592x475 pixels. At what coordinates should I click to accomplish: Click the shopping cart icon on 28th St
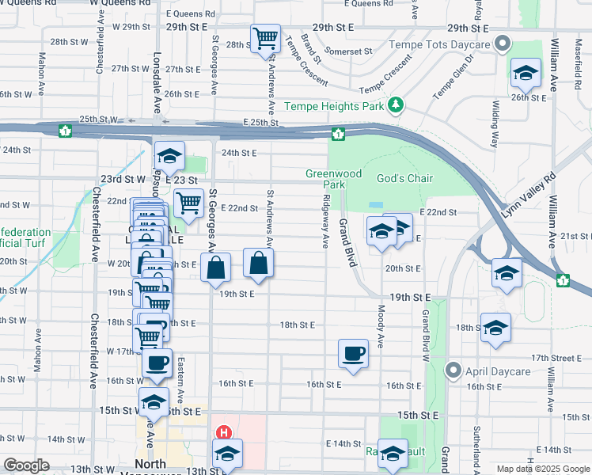point(265,36)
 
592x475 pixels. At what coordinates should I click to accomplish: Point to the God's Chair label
point(404,178)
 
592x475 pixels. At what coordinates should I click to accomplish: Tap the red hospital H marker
point(224,433)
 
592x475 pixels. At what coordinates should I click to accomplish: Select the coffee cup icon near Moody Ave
point(353,353)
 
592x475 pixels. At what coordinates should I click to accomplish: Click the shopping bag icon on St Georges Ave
point(216,268)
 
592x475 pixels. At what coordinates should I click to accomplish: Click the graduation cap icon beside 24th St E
point(169,155)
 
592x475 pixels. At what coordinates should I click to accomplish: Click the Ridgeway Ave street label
point(325,222)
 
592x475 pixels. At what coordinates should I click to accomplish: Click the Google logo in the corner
point(26,465)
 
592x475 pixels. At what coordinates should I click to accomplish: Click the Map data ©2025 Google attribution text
point(542,469)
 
